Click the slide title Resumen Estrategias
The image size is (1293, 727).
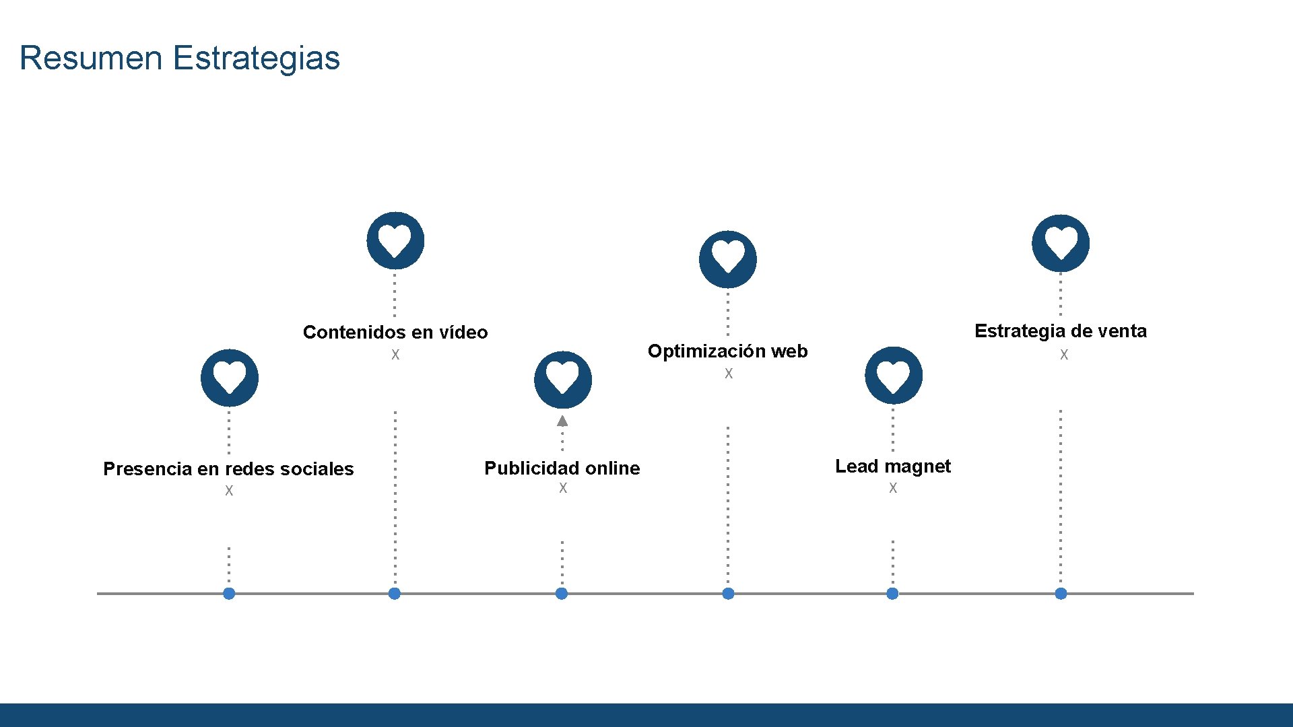[x=180, y=58]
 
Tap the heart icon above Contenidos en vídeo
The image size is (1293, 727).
[x=395, y=241]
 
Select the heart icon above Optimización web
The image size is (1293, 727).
[x=728, y=259]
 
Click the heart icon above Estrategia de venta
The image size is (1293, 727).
[x=1061, y=243]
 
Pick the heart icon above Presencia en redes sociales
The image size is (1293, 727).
[x=230, y=378]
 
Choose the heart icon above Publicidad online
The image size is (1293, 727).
[x=563, y=380]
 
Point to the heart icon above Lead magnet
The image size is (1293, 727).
[x=894, y=376]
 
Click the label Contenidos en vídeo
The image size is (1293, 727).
[x=395, y=333]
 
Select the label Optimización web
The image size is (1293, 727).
[x=727, y=351]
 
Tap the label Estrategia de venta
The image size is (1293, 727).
[x=1061, y=331]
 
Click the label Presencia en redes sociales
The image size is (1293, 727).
[x=228, y=469]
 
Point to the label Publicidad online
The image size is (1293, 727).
[x=562, y=469]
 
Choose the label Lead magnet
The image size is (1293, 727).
[x=893, y=466]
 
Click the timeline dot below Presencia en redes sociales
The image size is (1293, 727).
[x=229, y=594]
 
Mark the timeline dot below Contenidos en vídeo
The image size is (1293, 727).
[x=395, y=594]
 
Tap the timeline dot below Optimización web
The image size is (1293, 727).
[x=728, y=594]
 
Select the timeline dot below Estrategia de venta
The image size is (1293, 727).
[x=1061, y=594]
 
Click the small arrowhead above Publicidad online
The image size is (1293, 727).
[x=562, y=421]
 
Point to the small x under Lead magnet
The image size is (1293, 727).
[x=893, y=488]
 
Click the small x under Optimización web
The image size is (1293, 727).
[x=729, y=374]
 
